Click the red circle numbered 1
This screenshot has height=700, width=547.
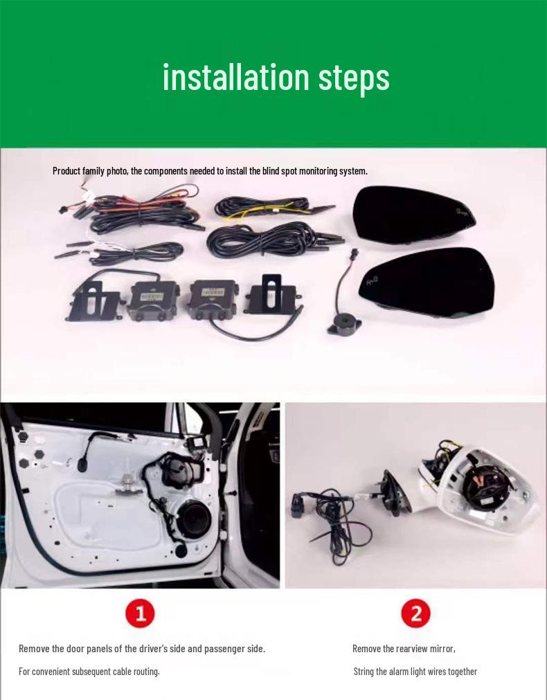(140, 613)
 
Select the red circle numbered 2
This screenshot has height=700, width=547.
(415, 613)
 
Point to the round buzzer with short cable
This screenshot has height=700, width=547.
(344, 323)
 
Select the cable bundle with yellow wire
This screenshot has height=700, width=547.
(268, 208)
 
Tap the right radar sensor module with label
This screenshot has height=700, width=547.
(213, 300)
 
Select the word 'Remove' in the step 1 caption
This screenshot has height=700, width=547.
(34, 649)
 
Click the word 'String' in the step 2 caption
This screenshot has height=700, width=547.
(365, 672)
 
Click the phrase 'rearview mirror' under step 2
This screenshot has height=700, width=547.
(424, 649)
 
